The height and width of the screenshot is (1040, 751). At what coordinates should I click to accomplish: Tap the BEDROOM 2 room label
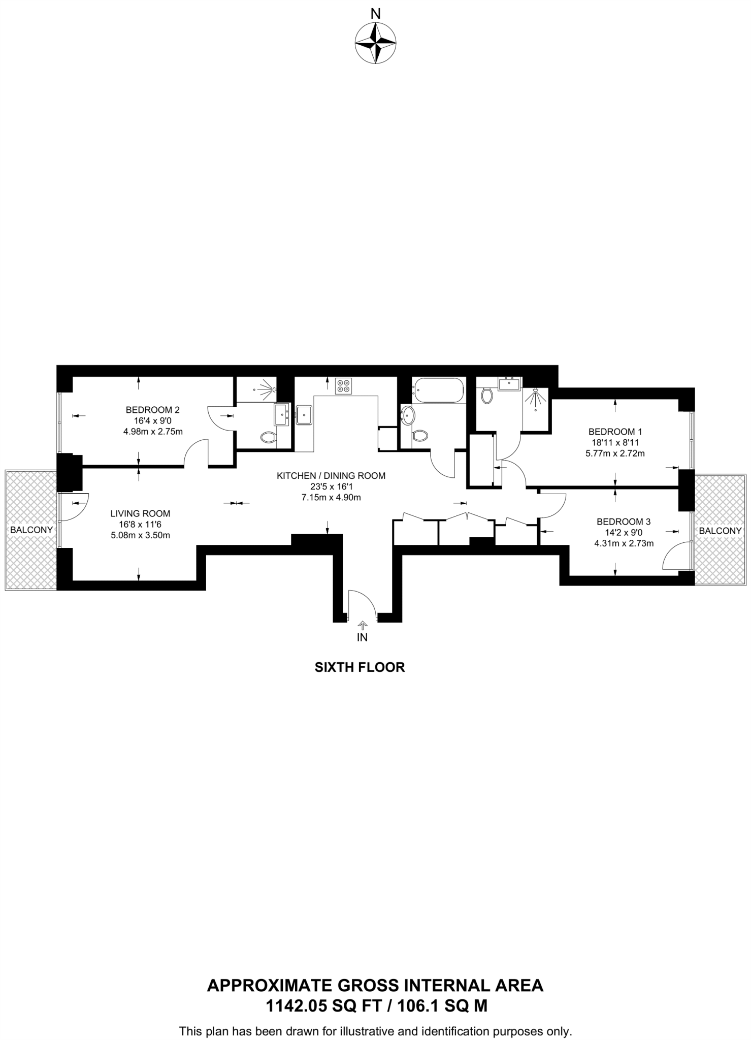(x=153, y=410)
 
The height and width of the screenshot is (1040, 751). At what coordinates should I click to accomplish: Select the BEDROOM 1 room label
(x=615, y=432)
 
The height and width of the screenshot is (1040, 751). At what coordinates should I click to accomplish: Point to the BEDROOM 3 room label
(x=624, y=522)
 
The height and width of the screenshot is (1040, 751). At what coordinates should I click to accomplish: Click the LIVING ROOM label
(x=140, y=513)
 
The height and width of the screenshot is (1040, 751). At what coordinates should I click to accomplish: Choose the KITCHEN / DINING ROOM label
(x=331, y=476)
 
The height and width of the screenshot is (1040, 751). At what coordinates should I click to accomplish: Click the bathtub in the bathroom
(x=438, y=391)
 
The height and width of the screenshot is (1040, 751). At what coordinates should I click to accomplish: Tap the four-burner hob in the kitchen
(x=343, y=386)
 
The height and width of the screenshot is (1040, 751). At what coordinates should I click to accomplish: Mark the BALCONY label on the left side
(x=31, y=530)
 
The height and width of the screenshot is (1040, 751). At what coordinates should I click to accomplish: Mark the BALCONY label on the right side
(x=720, y=531)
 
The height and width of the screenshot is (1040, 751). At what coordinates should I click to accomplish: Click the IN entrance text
(x=362, y=638)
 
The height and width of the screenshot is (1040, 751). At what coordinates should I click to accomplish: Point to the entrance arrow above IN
(x=362, y=625)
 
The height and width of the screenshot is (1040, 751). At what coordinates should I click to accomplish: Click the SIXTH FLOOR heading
(x=360, y=667)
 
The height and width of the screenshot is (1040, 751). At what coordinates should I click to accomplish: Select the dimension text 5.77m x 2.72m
(x=615, y=453)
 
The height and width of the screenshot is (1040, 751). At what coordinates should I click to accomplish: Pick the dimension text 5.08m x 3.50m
(x=140, y=535)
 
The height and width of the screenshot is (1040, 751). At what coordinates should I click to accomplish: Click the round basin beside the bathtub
(x=407, y=415)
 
